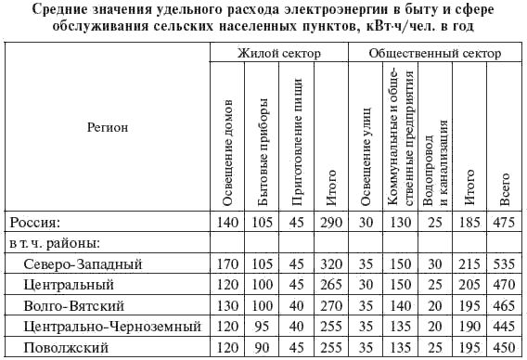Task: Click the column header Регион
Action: (107, 129)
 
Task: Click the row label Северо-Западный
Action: (76, 264)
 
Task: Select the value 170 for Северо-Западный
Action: (227, 264)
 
